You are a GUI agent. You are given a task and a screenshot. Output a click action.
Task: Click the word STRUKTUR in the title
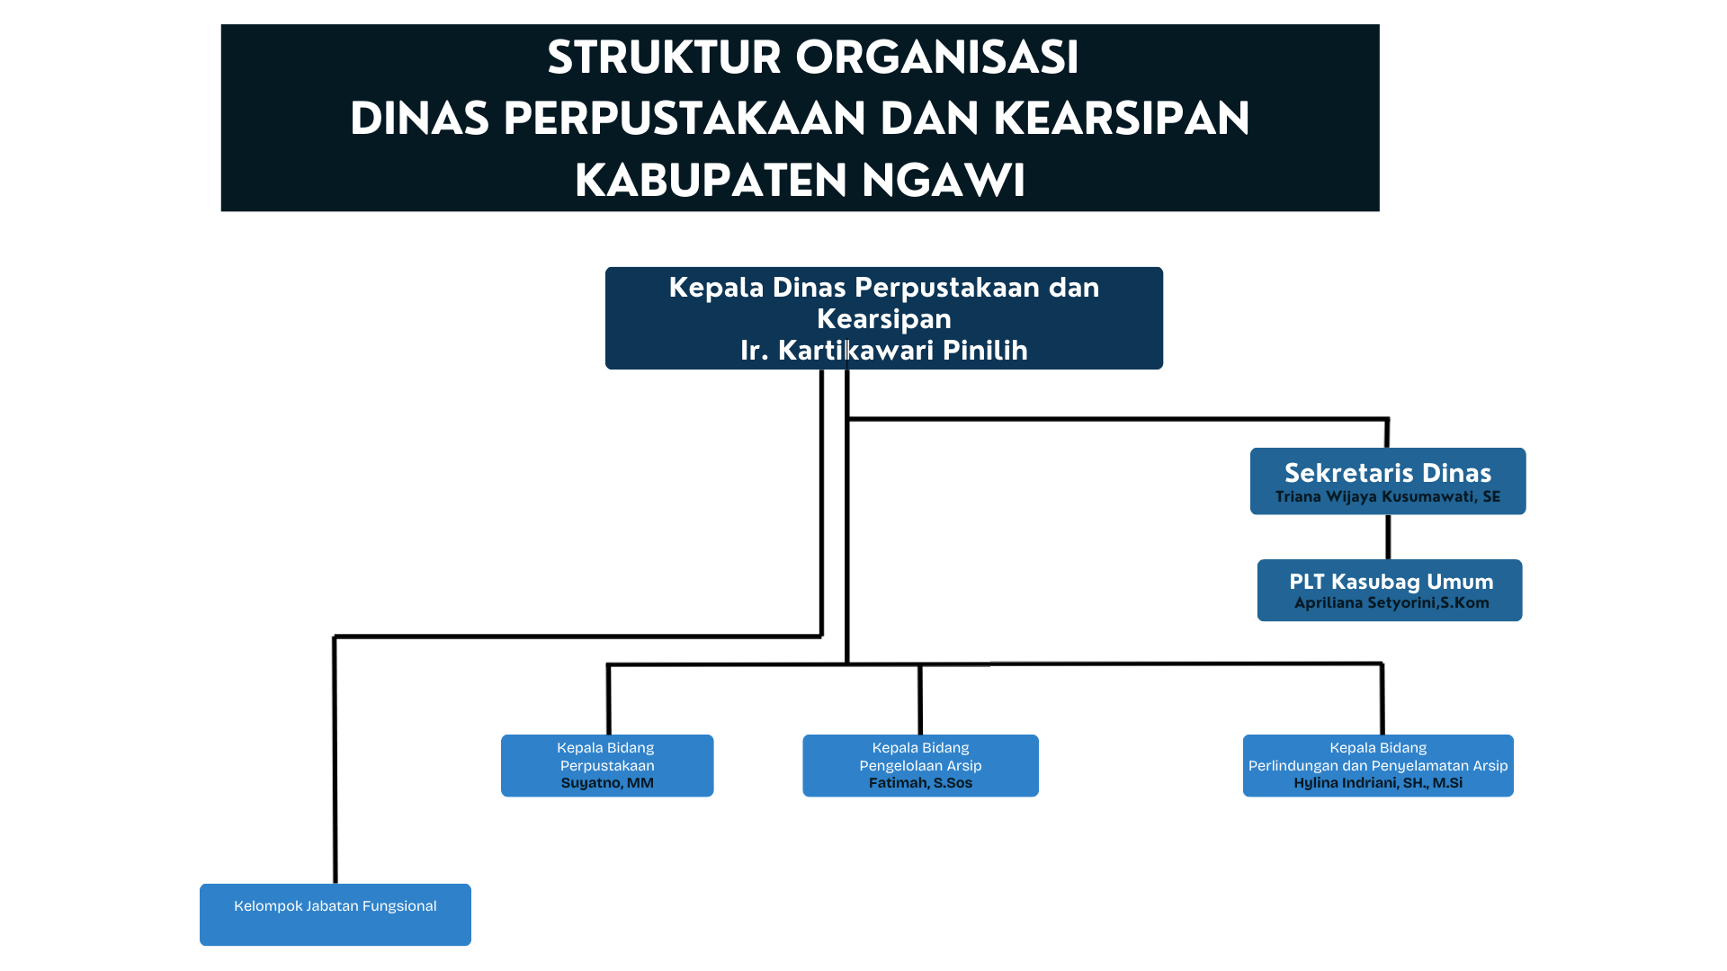pyautogui.click(x=664, y=58)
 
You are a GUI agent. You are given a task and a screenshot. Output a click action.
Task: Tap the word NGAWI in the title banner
pyautogui.click(x=944, y=181)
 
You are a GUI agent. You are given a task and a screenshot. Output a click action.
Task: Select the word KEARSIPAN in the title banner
pyautogui.click(x=1122, y=119)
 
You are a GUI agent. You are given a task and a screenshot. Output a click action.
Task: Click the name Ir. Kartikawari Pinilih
pyautogui.click(x=884, y=350)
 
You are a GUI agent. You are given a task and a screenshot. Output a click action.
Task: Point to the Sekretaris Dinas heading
pyautogui.click(x=1388, y=473)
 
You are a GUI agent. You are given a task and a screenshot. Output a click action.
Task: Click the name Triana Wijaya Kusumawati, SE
pyautogui.click(x=1388, y=497)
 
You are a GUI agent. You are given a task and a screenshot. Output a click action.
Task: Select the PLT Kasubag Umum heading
pyautogui.click(x=1391, y=582)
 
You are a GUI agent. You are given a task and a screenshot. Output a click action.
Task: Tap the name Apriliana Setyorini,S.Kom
pyautogui.click(x=1391, y=603)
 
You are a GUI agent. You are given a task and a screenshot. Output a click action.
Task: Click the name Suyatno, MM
pyautogui.click(x=607, y=783)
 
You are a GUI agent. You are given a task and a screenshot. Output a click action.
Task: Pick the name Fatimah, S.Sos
pyautogui.click(x=920, y=783)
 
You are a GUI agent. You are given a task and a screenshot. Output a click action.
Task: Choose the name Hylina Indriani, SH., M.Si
pyautogui.click(x=1378, y=783)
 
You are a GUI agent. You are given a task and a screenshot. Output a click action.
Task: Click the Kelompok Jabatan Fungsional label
pyautogui.click(x=336, y=906)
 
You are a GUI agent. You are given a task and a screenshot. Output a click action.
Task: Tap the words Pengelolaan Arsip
pyautogui.click(x=920, y=766)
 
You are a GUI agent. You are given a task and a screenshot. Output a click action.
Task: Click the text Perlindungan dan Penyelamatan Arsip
pyautogui.click(x=1378, y=766)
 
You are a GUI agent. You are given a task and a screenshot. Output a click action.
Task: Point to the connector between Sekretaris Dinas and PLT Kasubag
pyautogui.click(x=1388, y=537)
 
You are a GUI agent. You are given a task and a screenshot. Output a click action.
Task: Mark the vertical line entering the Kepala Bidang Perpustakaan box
pyautogui.click(x=609, y=699)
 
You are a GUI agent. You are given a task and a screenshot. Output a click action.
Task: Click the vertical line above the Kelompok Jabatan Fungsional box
pyautogui.click(x=335, y=761)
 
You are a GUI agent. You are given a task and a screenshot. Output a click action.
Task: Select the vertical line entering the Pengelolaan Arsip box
pyautogui.click(x=920, y=699)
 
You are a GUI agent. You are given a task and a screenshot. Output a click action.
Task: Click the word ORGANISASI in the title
pyautogui.click(x=937, y=58)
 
